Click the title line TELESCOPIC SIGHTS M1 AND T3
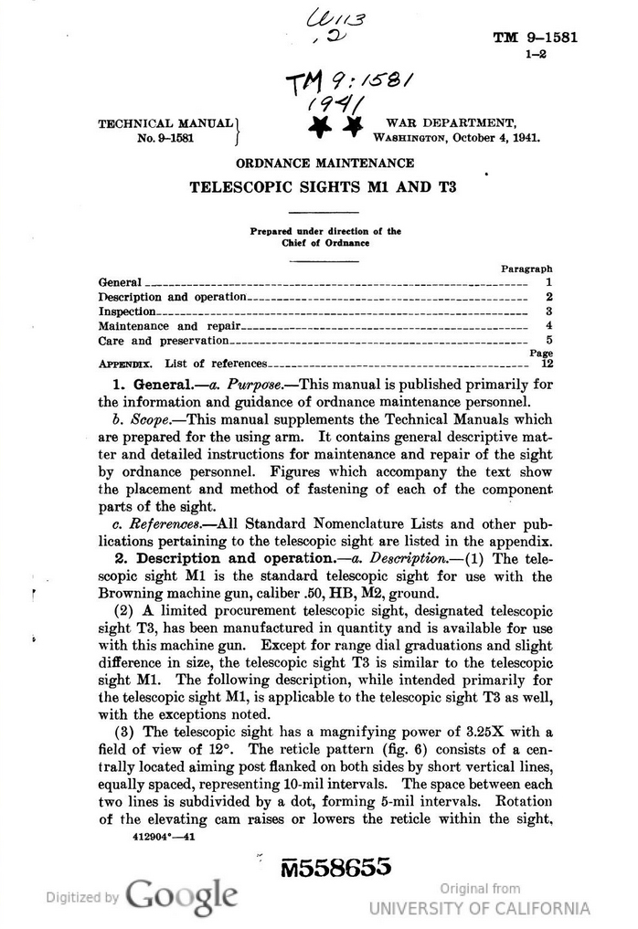[323, 189]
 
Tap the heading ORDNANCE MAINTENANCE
[324, 163]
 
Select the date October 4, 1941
[494, 139]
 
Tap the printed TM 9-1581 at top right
[535, 37]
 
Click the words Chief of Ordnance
[325, 242]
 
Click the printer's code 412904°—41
[156, 835]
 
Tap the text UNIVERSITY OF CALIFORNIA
[480, 908]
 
